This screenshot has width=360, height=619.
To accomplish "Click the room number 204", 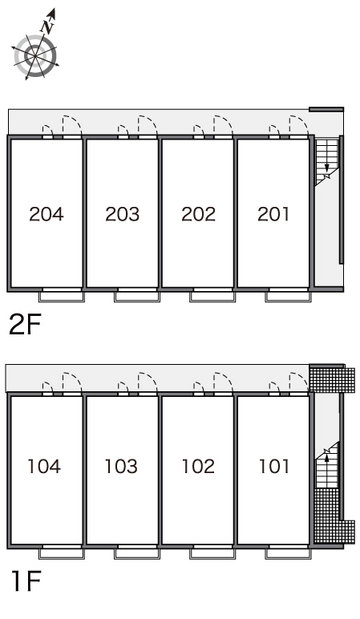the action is pos(47,214).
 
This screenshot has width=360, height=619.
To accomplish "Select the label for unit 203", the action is pos(123,214).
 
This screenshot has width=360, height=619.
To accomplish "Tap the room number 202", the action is pos(198,214).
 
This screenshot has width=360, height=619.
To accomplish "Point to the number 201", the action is pos(273,214).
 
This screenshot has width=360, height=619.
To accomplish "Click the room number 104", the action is pos(44,466).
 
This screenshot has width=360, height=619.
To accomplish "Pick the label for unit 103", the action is pos(121,466).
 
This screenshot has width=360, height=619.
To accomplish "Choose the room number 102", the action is pos(198,466).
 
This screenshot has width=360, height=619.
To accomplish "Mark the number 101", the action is pos(274,466).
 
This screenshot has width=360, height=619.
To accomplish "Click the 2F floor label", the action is pos(25,326).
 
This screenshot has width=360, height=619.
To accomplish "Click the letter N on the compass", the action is pos(48,26).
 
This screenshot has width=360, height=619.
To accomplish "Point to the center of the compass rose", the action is pos(35,56).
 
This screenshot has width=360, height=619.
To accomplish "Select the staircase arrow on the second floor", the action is pos(327,169).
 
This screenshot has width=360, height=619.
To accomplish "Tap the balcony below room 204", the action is pos(62,297).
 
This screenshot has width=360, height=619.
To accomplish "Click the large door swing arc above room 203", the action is pos(148,125).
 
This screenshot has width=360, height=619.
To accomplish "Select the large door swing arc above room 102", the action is pos(224,382).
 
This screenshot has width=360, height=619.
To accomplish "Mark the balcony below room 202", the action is pos(212,297).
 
